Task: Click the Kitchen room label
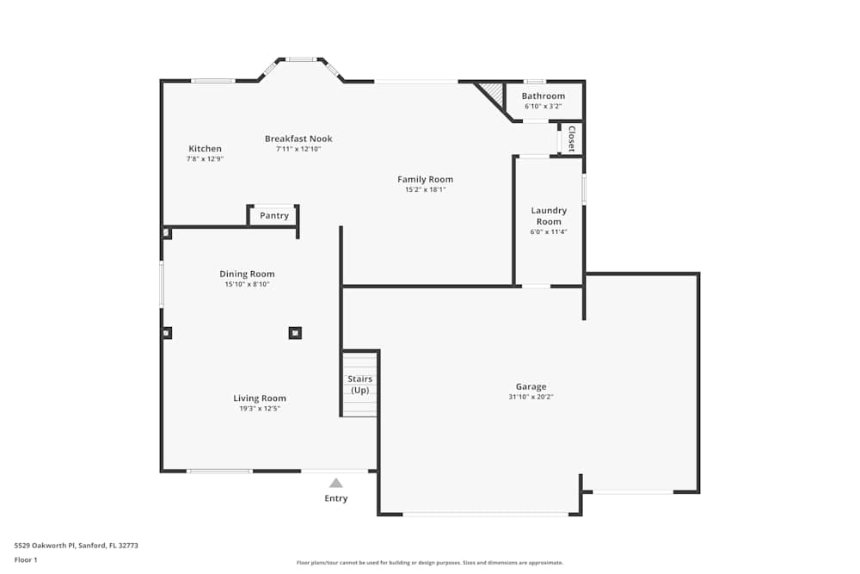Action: coord(205,149)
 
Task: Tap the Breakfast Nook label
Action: coord(298,139)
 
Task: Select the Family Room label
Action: coord(425,179)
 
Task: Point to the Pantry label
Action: coord(274,216)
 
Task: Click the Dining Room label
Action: coord(247,274)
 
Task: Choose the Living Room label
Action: coord(260,398)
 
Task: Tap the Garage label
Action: coord(531,386)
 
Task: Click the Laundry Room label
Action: coord(549,216)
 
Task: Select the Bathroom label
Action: coord(544,96)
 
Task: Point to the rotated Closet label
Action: coord(571,139)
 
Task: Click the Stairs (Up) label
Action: coord(359,385)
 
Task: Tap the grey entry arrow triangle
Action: coord(336,483)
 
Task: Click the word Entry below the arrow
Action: coord(336,498)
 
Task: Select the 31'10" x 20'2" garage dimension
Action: coord(531,397)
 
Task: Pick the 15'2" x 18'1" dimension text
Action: coord(425,189)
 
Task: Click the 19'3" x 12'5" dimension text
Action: coord(260,409)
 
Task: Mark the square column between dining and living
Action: coord(295,332)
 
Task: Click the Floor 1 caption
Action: coord(26,559)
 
